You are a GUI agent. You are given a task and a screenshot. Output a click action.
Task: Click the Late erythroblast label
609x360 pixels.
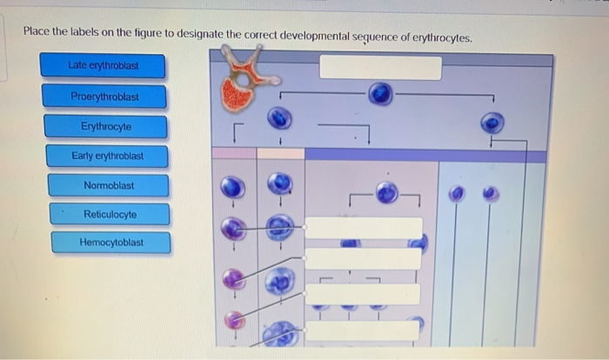point(104,65)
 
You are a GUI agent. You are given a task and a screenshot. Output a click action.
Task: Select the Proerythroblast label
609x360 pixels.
point(105,97)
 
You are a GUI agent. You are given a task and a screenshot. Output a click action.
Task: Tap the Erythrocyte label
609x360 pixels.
point(106,126)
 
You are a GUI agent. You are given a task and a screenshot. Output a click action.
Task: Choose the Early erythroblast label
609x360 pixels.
point(108,157)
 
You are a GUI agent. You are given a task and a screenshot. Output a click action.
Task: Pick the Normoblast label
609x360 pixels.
point(109,185)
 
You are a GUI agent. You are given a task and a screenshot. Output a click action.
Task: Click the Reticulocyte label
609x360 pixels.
point(110,214)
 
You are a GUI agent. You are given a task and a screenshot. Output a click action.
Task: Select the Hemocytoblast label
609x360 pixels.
point(111,243)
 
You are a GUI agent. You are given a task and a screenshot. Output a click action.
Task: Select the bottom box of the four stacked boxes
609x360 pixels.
point(364,330)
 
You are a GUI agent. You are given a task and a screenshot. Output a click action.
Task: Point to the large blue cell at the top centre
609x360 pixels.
point(379,94)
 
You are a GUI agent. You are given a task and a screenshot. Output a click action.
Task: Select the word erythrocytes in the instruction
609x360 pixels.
point(439,38)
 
